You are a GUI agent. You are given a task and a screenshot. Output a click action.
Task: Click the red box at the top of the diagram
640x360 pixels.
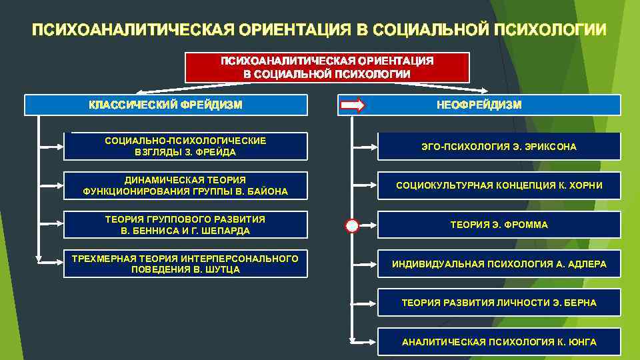click(x=327, y=67)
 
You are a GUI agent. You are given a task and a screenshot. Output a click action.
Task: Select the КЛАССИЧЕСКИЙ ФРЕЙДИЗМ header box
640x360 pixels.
click(x=166, y=105)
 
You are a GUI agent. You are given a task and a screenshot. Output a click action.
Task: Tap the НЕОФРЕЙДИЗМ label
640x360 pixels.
click(x=479, y=105)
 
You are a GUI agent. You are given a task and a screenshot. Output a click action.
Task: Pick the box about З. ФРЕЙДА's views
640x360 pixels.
click(x=185, y=147)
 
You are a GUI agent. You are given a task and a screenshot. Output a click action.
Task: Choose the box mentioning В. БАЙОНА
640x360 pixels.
click(x=185, y=186)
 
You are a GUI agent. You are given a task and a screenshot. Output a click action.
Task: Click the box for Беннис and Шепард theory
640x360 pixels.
click(x=185, y=225)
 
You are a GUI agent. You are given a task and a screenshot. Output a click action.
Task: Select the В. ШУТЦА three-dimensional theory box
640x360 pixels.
click(x=185, y=264)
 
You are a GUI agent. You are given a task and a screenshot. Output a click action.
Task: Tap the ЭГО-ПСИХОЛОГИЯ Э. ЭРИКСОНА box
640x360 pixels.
click(x=499, y=147)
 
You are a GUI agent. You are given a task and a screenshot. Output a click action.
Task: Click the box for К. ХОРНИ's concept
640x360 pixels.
click(x=499, y=186)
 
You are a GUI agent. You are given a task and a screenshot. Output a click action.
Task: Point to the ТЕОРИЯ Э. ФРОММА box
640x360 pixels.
click(x=499, y=225)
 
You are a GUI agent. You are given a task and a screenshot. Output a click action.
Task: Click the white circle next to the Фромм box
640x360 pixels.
click(x=352, y=225)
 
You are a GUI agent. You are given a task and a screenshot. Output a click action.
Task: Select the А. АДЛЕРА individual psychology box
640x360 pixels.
click(x=499, y=264)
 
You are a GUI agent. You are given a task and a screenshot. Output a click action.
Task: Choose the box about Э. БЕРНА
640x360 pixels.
click(x=499, y=303)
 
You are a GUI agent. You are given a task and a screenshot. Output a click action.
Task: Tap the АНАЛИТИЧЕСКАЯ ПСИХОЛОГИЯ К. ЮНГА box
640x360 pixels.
click(x=499, y=342)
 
